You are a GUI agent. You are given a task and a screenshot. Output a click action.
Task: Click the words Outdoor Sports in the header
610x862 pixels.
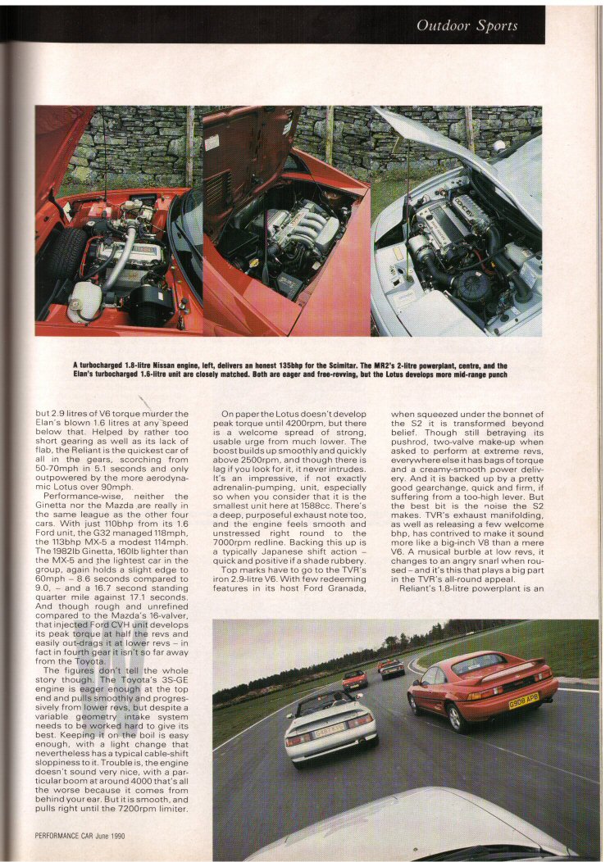pos(467,25)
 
